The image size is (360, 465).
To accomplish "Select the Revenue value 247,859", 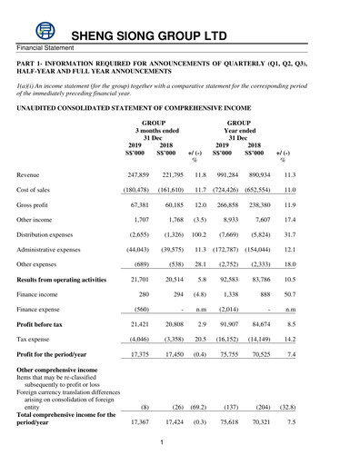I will pos(137,173).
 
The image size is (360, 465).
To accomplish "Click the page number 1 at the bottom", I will pos(159,442).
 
